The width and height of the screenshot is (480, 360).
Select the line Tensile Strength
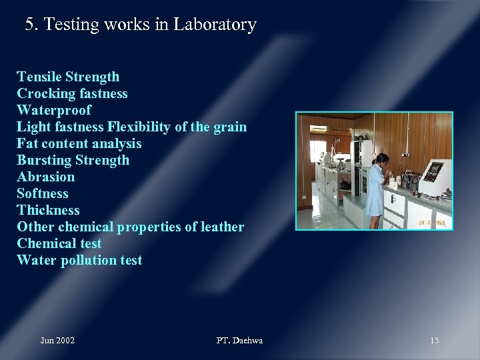point(68,77)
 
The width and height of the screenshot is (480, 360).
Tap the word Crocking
point(45,93)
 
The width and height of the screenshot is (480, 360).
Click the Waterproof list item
point(54,110)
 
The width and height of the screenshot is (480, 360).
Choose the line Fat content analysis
point(79,143)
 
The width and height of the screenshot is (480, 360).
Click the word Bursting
point(45,160)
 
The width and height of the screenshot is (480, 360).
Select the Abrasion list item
point(45,177)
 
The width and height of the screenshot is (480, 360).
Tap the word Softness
point(43,193)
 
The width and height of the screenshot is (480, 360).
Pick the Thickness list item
point(48,210)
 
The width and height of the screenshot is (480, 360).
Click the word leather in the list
point(223,227)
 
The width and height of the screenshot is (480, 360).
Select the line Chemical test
point(59,243)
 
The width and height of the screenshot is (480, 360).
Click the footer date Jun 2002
point(57,341)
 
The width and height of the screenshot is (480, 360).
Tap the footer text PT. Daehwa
point(239,341)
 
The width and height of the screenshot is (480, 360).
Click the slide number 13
point(434,341)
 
